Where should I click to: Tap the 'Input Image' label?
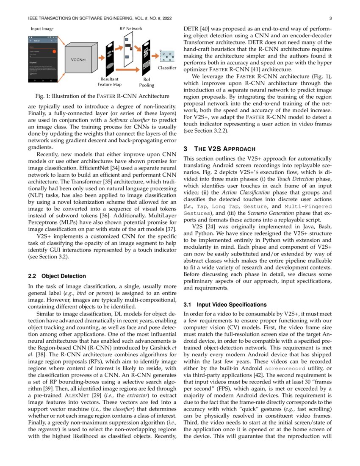click(42, 29)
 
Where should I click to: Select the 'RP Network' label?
click(131, 28)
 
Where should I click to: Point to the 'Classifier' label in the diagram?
click(166, 68)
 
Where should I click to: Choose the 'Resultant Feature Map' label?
click(110, 82)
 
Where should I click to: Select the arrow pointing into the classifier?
click(156, 55)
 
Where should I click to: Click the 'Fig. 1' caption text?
click(98, 96)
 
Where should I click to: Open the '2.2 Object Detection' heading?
click(57, 276)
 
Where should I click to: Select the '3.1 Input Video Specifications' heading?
click(225, 305)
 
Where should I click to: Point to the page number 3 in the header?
click(330, 19)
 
